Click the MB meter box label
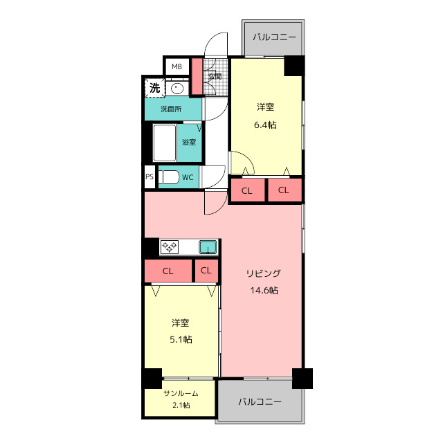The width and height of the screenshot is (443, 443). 177,67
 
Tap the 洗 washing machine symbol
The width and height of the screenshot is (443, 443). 155,88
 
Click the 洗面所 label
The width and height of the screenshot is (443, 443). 171,109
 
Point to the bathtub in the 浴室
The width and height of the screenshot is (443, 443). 165,143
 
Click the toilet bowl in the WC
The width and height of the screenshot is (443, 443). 169,177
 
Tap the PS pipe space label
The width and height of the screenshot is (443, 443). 150,177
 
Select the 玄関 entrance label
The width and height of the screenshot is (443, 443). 215,76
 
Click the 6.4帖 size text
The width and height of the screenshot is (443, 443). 265,125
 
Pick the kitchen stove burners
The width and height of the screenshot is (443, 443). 169,246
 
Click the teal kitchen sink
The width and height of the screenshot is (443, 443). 208,247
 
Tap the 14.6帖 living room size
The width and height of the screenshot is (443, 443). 264,290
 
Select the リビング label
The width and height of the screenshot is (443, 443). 264,273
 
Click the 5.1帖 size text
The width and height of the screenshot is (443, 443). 181,339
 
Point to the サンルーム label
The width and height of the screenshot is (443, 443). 181,393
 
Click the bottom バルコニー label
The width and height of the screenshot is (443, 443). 260,401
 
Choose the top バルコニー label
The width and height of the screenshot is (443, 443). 274,37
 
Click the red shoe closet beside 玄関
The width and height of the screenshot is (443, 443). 197,76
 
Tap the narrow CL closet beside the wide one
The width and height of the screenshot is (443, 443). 206,271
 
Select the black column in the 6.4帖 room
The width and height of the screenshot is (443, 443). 294,66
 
